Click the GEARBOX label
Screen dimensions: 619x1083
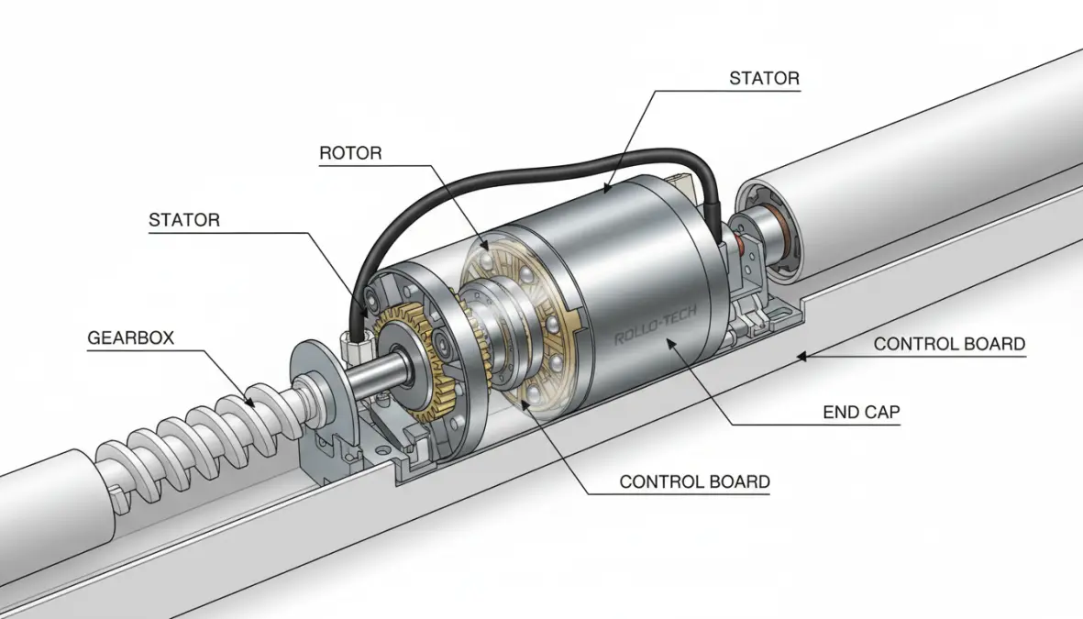130,337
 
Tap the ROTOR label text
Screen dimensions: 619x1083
350,153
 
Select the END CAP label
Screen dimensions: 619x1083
861,413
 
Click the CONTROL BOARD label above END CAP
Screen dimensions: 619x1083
949,345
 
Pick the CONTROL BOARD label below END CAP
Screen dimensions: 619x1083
694,481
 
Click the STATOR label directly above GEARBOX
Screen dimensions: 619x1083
184,220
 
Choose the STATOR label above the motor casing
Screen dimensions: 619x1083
764,79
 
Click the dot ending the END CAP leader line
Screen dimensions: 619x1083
673,342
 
